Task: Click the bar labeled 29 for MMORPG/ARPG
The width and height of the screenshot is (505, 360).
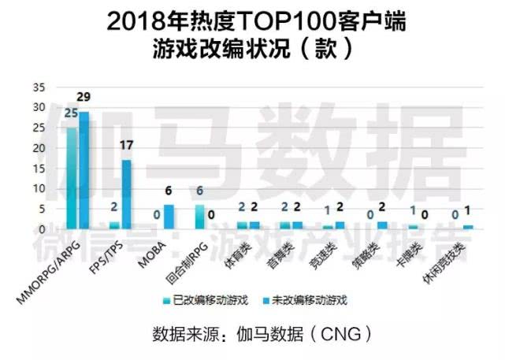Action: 84,170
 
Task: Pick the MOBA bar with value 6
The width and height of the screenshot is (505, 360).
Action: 168,217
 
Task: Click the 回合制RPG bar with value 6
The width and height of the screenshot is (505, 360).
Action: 199,217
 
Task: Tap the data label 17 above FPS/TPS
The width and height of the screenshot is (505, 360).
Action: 127,145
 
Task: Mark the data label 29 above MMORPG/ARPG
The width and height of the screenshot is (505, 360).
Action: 84,96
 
